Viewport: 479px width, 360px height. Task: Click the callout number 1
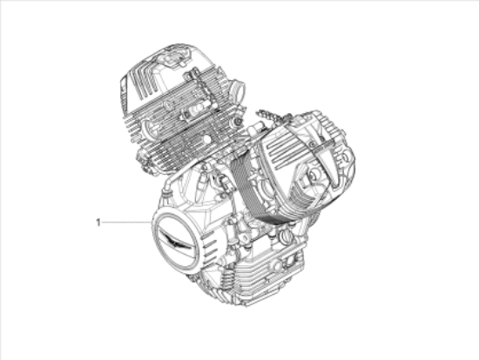pyautogui.click(x=98, y=223)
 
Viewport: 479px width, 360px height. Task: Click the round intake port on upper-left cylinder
pyautogui.click(x=235, y=90)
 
